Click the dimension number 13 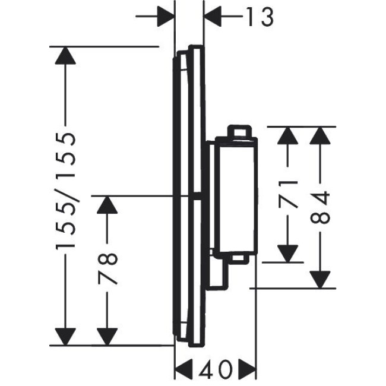(260, 17)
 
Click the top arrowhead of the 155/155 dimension (65, 56)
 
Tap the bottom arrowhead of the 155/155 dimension (65, 337)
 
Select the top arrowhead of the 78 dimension (107, 205)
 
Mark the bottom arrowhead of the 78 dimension (107, 337)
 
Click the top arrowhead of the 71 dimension (287, 135)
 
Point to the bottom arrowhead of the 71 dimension (287, 254)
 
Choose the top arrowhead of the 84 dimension (319, 135)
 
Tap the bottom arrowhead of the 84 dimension (319, 280)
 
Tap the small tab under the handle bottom (239, 258)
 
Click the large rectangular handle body (236, 196)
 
